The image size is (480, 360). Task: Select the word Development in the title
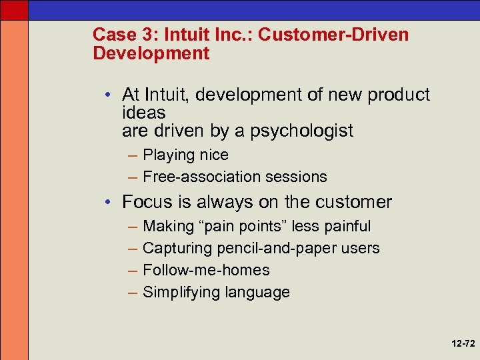click(x=151, y=53)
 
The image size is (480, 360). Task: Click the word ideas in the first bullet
click(x=144, y=113)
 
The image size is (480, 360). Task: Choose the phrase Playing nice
click(x=185, y=155)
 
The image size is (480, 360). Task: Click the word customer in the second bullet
click(x=349, y=202)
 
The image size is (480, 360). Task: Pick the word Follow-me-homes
click(x=206, y=270)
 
